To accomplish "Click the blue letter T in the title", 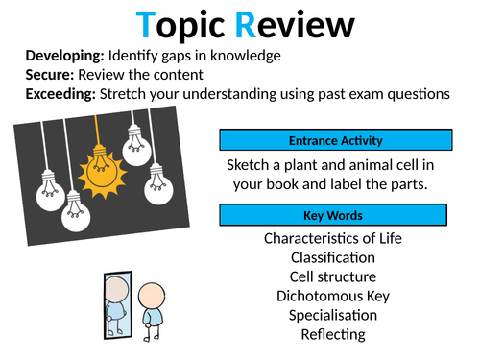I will [147, 26].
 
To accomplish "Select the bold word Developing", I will [64, 56].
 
